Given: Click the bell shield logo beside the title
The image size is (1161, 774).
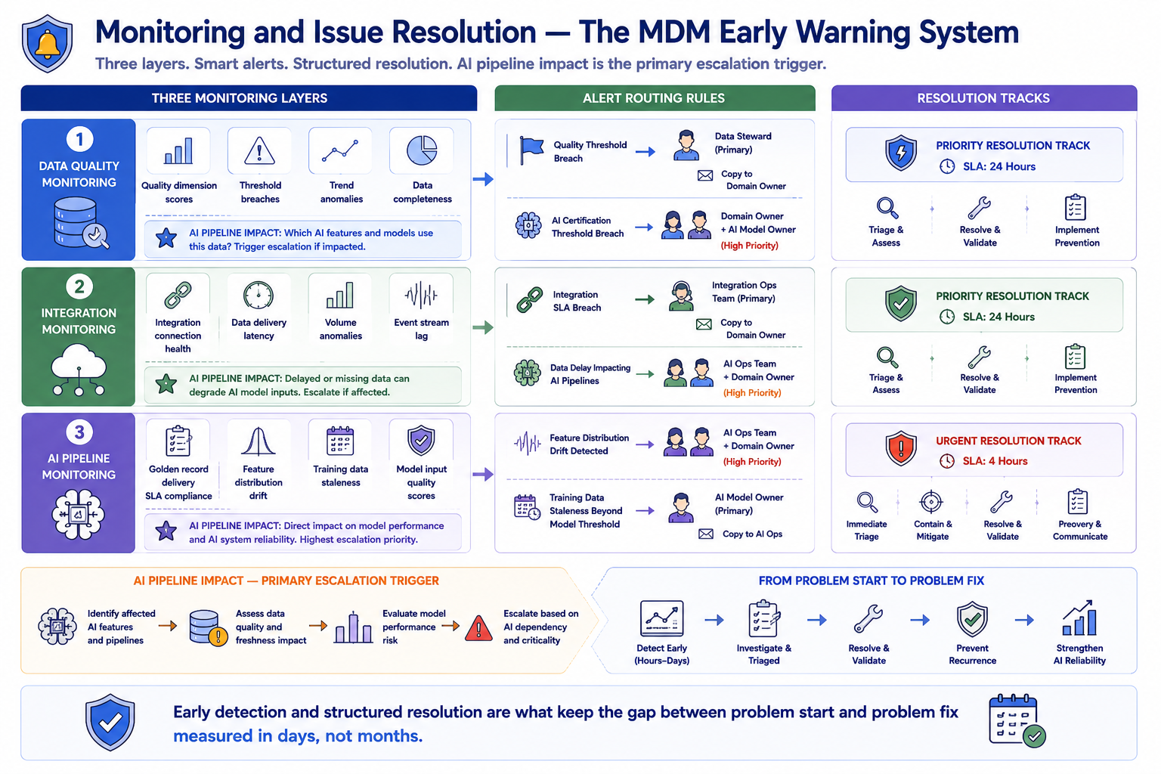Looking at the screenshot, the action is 47,44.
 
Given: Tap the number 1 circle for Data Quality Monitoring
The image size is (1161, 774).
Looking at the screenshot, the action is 79,139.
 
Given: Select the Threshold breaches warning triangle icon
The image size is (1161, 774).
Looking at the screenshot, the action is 259,151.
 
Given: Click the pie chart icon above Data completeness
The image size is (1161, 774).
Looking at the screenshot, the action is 422,150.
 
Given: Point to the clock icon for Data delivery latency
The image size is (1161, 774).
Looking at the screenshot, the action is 258,296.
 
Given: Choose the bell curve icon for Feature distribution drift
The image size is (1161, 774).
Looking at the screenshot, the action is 258,441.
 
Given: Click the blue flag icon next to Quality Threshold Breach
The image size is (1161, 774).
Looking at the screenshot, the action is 531,151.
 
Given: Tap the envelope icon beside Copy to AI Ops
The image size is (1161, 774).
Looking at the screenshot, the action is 706,534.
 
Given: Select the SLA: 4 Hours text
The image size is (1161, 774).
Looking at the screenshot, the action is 995,461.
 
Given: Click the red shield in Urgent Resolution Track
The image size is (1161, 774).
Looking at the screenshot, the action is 901,447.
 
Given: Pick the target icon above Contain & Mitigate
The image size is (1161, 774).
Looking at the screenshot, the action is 931,502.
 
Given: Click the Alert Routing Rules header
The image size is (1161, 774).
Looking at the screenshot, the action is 655,98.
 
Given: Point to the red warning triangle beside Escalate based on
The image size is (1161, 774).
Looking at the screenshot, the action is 478,628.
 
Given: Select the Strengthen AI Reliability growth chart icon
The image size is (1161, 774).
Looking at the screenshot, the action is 1079,618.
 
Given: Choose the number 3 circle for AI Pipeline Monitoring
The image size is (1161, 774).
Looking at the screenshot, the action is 79,432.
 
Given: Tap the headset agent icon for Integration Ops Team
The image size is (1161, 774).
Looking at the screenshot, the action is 681,296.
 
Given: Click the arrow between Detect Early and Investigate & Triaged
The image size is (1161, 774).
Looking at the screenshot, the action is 714,620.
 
